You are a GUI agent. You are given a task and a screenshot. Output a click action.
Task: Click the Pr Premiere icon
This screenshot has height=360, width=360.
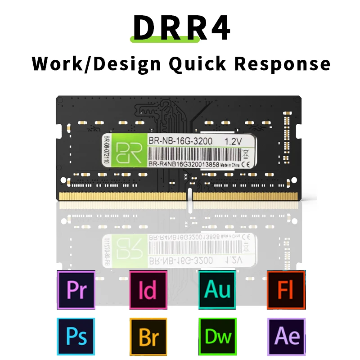pos(76,290)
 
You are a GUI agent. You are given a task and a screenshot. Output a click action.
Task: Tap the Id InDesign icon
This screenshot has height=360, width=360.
pos(148,290)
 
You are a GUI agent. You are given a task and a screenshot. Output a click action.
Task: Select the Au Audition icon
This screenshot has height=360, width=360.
pos(217,290)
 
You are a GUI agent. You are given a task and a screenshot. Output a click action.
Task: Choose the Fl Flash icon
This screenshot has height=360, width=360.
pos(286,290)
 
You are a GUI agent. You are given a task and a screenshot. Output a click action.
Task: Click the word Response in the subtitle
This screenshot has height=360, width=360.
pos(283,64)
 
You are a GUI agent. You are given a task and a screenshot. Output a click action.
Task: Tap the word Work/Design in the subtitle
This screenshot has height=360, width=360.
pos(96,64)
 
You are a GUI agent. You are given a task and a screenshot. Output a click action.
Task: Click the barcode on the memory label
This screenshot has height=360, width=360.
pos(189,154)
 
